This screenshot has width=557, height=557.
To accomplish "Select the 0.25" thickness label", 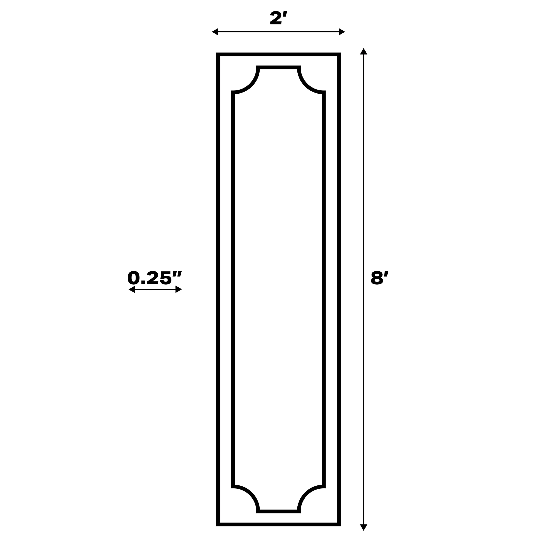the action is (x=155, y=278).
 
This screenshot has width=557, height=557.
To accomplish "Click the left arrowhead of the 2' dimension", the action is (x=215, y=32).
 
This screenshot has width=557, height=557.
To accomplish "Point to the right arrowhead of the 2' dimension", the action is (x=342, y=32).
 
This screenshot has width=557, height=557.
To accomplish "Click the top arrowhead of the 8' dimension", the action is (x=364, y=51).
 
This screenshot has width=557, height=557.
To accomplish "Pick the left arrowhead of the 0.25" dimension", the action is (x=132, y=289).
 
